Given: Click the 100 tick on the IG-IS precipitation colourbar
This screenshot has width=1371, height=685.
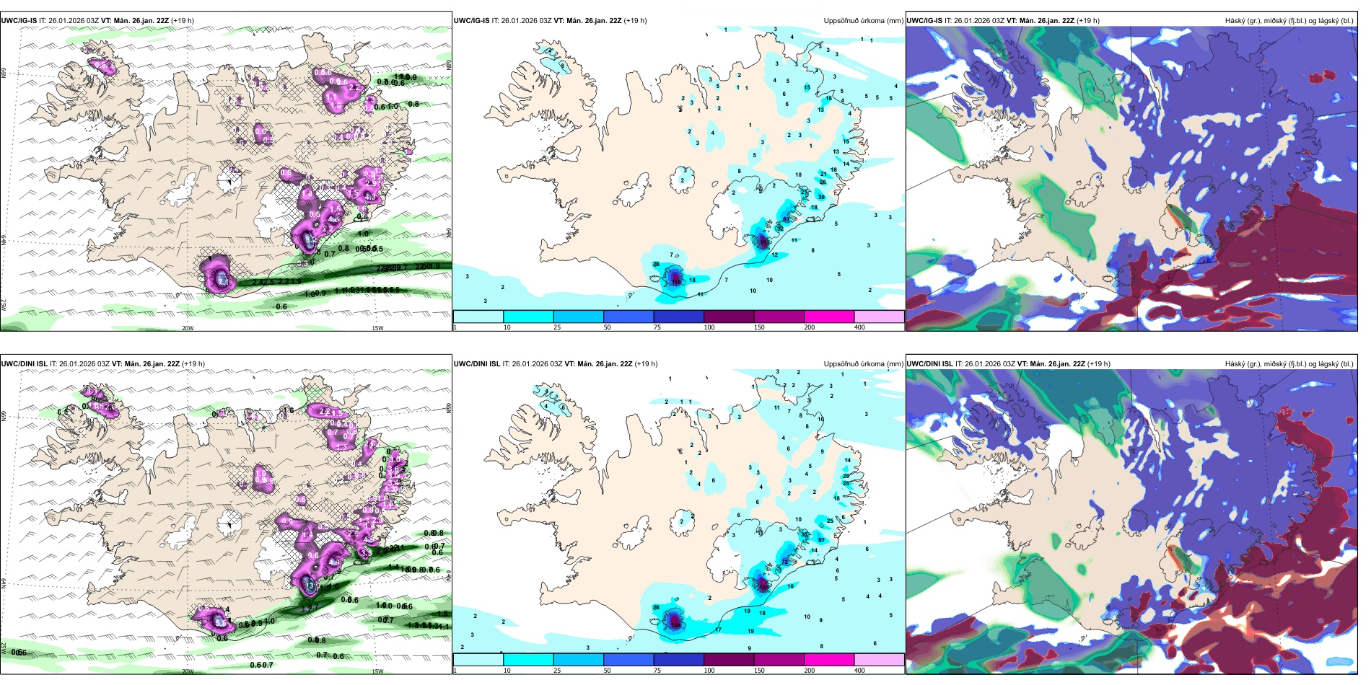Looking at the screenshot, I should (x=709, y=327).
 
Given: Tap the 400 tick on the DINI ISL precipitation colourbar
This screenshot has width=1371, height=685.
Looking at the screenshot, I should (x=859, y=671).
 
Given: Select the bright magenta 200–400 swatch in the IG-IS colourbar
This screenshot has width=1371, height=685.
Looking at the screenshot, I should (x=828, y=317).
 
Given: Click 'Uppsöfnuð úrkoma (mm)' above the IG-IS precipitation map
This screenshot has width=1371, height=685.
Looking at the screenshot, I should (x=863, y=21).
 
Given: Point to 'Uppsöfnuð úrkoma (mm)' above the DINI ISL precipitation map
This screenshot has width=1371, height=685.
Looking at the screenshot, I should (x=863, y=364).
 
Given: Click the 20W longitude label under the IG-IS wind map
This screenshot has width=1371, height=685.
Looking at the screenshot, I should (x=188, y=328).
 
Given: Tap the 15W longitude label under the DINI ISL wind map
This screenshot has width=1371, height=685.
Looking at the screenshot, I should (x=377, y=671).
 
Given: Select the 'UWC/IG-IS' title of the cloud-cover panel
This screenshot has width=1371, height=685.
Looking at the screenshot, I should (x=924, y=21).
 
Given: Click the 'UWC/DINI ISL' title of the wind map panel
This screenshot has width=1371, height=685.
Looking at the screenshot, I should (x=24, y=364).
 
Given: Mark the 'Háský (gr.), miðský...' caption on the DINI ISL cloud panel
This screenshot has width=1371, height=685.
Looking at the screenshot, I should (x=1289, y=364).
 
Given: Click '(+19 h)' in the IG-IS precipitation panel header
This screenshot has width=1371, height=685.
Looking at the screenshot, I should (x=635, y=21).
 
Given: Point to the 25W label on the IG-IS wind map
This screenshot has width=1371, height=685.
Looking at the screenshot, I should (x=4, y=304).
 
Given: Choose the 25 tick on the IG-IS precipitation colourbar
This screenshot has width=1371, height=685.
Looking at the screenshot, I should (x=557, y=327).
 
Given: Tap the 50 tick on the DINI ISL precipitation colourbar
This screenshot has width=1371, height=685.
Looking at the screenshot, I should (x=607, y=671).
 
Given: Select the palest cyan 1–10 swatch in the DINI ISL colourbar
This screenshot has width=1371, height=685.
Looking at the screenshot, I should (x=478, y=660).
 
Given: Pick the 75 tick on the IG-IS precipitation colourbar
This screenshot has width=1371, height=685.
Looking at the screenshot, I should (x=657, y=327).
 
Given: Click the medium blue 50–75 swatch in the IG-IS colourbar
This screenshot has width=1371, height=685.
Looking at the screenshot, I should (x=628, y=317).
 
